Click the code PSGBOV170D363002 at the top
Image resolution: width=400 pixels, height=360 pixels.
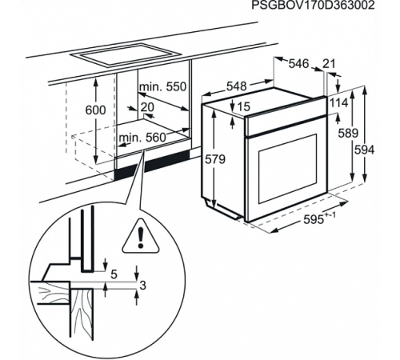pos(313,5)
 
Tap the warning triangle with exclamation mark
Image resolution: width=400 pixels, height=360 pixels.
pos(141,236)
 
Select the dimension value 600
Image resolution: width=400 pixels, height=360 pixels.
pos(95,110)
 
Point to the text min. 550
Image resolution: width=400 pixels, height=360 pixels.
pos(162,86)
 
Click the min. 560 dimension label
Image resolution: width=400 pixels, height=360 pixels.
pos(142,138)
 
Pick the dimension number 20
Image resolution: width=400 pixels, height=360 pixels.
pos(147,107)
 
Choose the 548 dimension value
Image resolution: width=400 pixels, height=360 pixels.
pos(237,86)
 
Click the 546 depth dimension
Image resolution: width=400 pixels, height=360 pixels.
pos(298,63)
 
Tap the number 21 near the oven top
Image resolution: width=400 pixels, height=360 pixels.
pos(329,64)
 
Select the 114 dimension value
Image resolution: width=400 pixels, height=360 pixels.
pos(339,102)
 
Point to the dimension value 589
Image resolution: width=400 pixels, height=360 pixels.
pos(348,133)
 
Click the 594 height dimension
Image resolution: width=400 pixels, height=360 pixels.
pos(364,150)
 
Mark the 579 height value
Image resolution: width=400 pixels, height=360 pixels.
pos(215,159)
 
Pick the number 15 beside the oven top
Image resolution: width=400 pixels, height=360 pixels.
pos(243,106)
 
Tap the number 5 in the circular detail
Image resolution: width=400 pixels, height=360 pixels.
pos(114,274)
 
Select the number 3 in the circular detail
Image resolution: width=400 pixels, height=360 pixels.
pos(143,286)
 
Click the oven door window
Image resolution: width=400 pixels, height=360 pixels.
pos(287,169)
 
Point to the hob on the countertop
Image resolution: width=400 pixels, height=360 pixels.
pos(126,54)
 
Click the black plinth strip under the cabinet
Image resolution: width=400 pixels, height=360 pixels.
pos(152,164)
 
